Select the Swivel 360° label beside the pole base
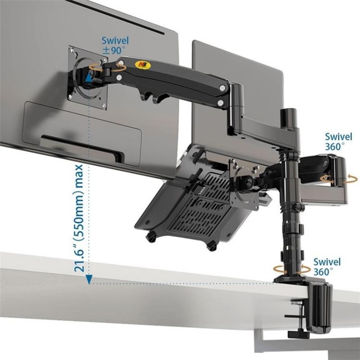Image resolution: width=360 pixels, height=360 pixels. tap(327, 266)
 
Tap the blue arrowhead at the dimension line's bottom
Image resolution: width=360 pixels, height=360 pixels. tap(90, 280)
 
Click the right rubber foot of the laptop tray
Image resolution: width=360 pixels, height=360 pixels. tap(211, 245)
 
